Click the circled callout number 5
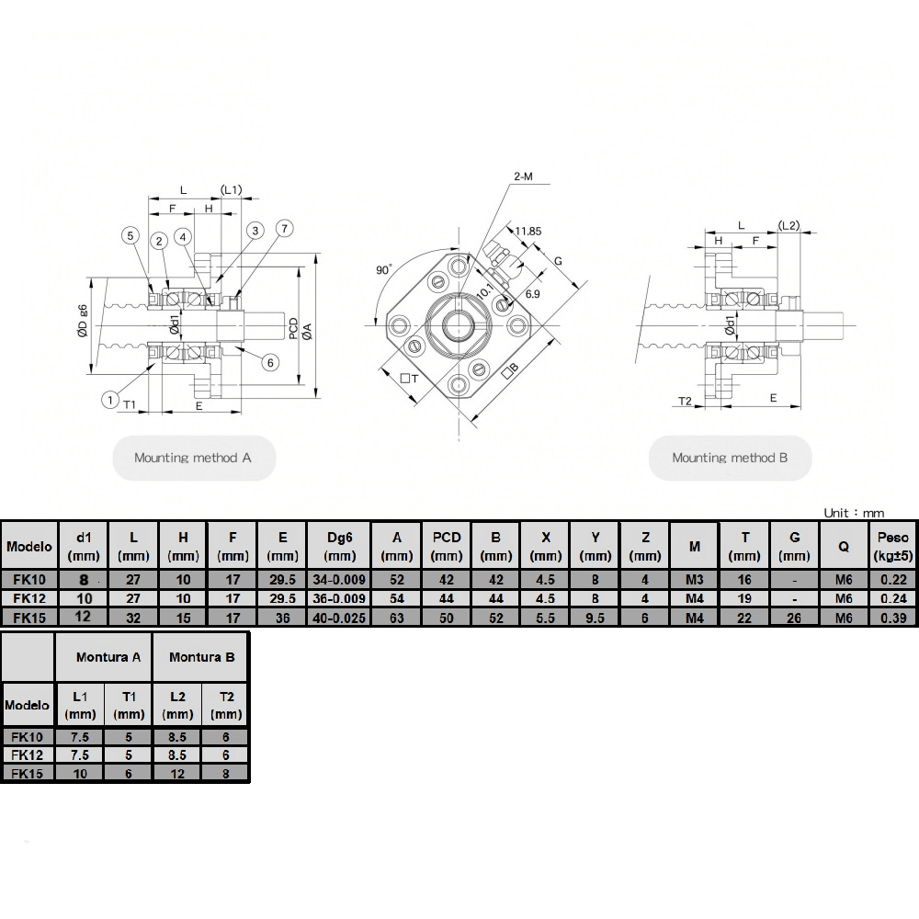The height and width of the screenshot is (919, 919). (x=130, y=236)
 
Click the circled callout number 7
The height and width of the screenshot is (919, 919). (x=286, y=228)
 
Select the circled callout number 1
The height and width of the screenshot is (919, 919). (x=109, y=399)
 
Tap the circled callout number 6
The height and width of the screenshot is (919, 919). (x=269, y=362)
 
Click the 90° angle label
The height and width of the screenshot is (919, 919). (x=384, y=270)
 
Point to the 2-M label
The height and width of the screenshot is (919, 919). (x=523, y=175)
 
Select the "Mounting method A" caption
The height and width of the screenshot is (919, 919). (x=193, y=457)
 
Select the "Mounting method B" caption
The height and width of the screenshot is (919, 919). (x=730, y=457)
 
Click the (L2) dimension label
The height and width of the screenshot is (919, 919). (x=789, y=224)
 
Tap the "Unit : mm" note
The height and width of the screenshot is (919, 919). (x=854, y=513)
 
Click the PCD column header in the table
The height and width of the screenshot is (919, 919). (x=446, y=546)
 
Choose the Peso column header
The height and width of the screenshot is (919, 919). (x=892, y=546)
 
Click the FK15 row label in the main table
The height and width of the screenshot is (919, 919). (x=29, y=618)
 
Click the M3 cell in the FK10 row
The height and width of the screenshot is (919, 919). (x=695, y=579)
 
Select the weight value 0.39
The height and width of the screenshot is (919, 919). (x=892, y=618)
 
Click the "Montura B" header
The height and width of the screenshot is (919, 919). (x=201, y=656)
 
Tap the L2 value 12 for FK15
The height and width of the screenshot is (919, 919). (x=177, y=773)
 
